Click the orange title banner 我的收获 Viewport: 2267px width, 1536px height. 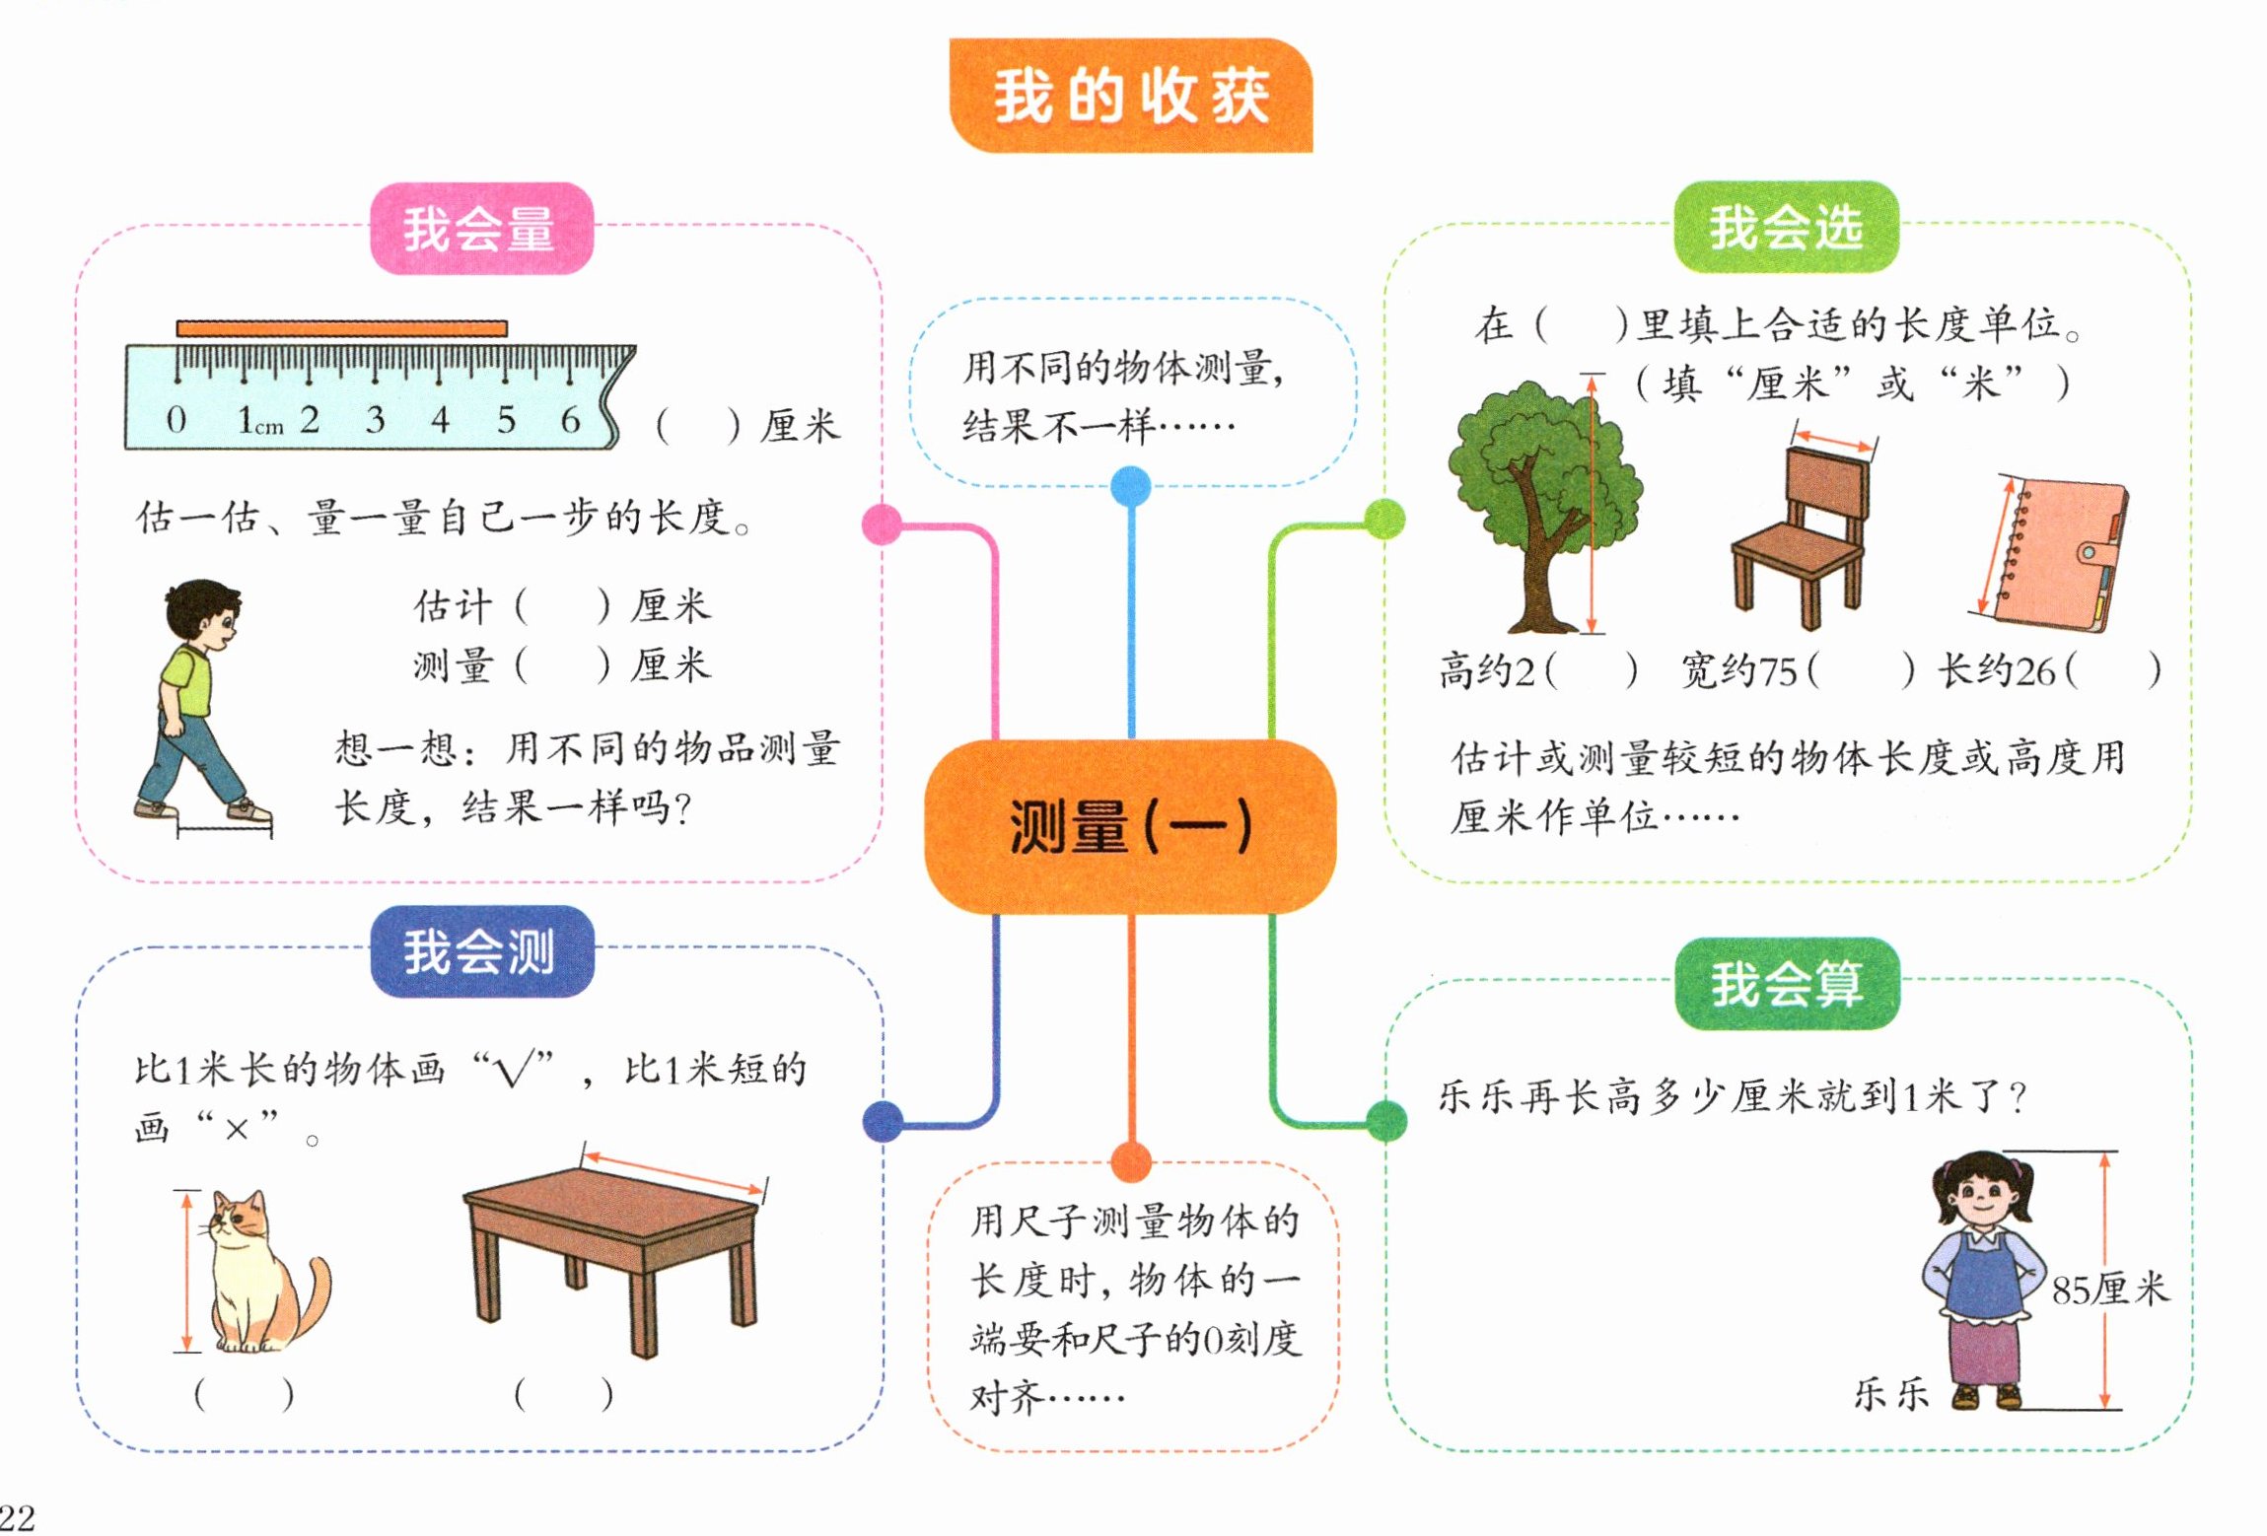pos(1130,96)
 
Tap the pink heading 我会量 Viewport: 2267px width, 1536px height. pos(480,229)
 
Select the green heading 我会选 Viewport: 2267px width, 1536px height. pos(1786,228)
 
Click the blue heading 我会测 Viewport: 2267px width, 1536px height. pos(480,951)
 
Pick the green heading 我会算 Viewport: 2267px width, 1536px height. pos(1787,983)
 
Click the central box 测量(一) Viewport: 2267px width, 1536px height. pos(1130,826)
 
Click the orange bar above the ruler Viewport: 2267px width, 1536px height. pos(341,328)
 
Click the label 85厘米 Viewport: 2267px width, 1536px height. pos(2110,1289)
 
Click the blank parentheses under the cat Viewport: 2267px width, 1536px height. pos(244,1395)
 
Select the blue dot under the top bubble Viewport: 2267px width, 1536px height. pos(1130,486)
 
